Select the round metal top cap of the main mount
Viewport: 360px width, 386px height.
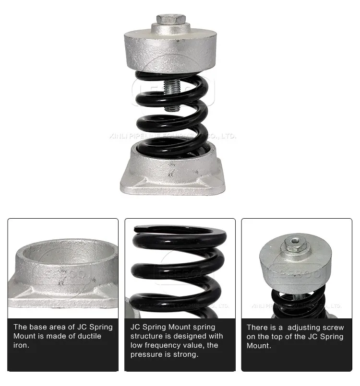pos(171,51)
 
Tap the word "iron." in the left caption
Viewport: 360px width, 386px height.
pos(21,345)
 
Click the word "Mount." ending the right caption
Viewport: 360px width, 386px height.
pos(259,346)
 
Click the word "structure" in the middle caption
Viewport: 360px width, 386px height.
pos(147,336)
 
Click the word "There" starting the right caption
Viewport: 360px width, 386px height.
pos(257,328)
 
